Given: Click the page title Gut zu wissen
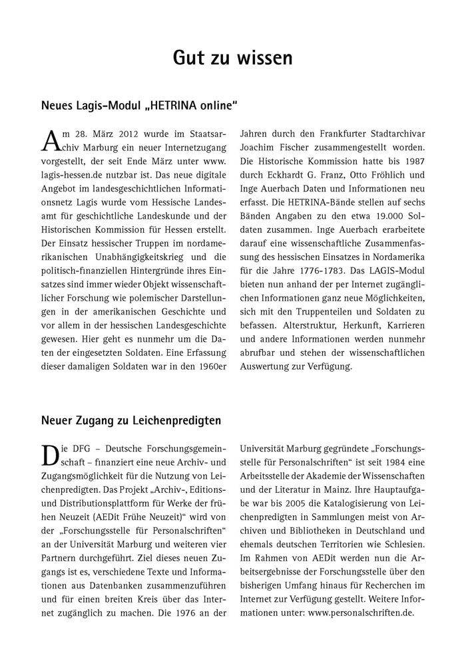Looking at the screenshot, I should point(232,58).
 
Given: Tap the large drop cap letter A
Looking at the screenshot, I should point(51,141).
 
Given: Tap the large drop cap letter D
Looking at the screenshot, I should point(51,456).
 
